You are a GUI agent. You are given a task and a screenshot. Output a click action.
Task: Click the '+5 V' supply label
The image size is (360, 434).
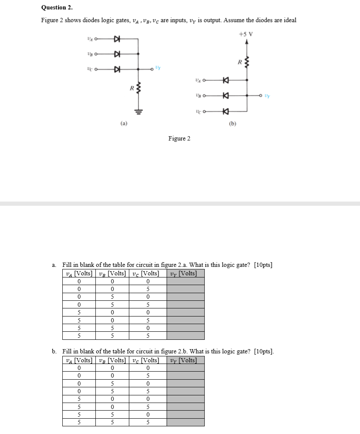click(x=246, y=34)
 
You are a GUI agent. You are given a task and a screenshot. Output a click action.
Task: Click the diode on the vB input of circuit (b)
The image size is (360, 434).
click(x=226, y=96)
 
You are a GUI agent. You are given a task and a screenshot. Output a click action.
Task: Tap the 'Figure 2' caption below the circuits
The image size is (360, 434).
click(x=179, y=138)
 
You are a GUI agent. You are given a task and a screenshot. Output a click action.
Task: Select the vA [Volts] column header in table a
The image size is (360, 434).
click(x=79, y=273)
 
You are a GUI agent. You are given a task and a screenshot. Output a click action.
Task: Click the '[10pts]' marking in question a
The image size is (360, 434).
click(x=263, y=265)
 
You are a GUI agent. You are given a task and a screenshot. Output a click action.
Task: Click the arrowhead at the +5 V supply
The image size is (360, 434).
click(x=247, y=42)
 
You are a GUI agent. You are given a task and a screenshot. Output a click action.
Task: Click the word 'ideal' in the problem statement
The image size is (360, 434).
click(x=288, y=20)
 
